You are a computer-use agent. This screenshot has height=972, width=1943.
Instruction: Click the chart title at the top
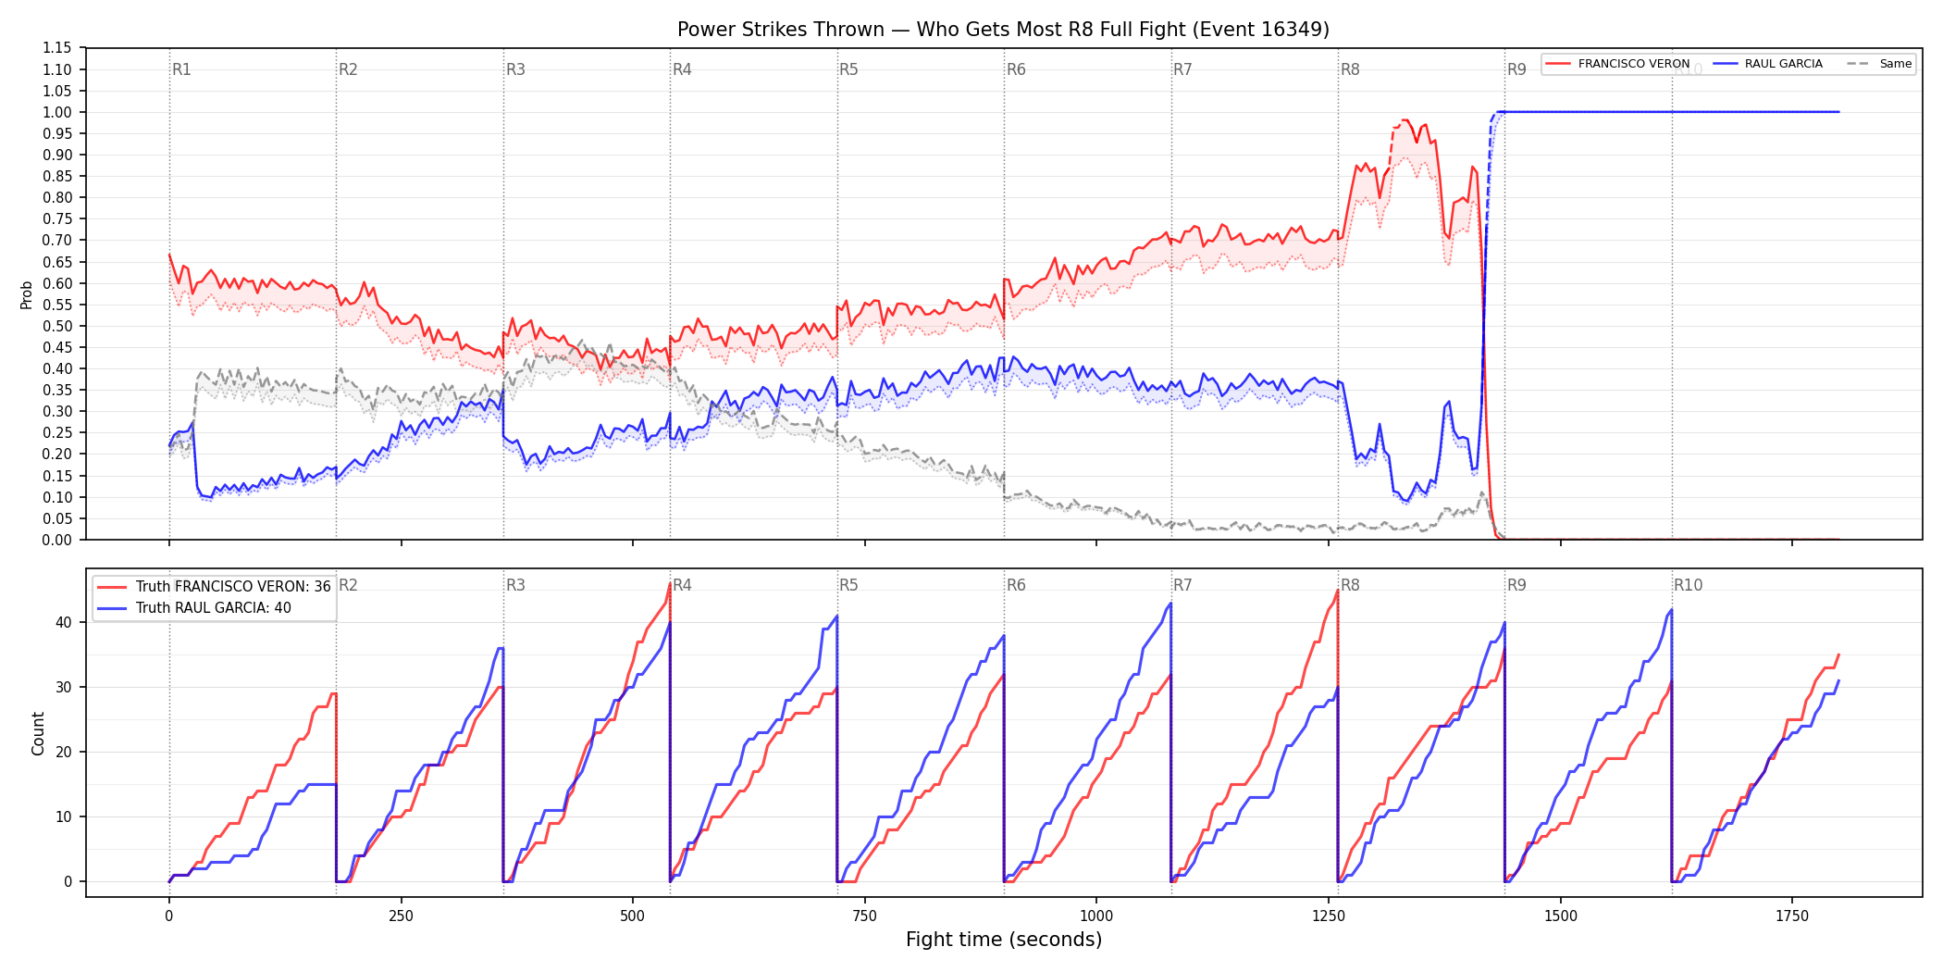1003,30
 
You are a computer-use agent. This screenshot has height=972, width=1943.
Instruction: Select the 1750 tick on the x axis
1792,916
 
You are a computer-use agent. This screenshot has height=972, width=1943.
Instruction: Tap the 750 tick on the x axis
864,916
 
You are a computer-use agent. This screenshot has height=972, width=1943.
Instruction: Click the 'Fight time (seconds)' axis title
1004,940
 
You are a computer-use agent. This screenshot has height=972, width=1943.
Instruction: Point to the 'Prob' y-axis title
27,294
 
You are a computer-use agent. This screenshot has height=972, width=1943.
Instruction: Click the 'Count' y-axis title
38,733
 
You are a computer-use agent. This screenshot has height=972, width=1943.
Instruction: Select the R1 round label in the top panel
181,69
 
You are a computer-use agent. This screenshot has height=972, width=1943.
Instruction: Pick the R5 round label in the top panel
848,69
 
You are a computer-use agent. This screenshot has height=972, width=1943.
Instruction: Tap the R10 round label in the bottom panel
1688,585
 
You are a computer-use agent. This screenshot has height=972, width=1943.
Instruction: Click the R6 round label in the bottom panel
1016,585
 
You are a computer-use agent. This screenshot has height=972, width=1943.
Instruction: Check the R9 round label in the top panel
1516,69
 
